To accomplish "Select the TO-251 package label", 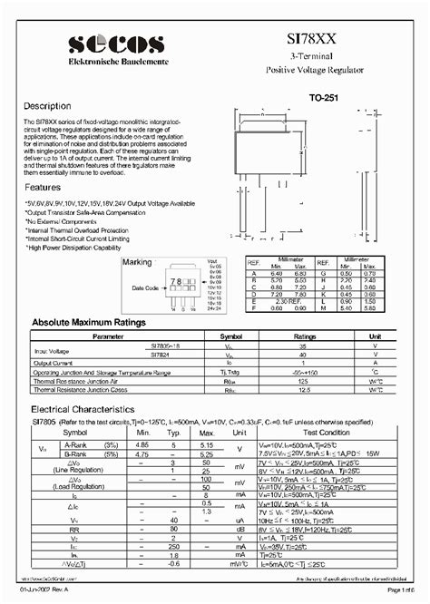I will (325, 96).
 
